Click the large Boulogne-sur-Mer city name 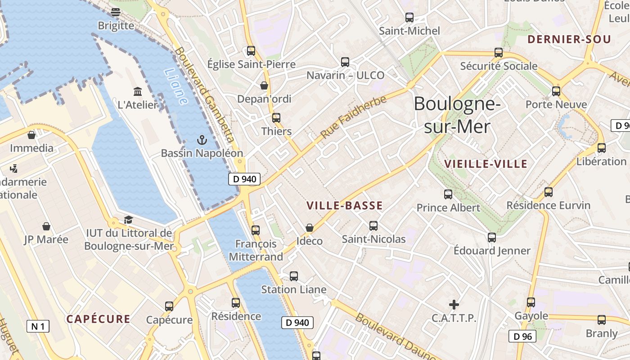tap(457, 115)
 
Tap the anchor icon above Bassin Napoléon tap(202, 140)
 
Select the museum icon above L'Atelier tap(138, 91)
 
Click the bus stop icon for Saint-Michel tap(409, 18)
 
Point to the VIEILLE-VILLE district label tap(485, 164)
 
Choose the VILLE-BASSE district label tap(344, 206)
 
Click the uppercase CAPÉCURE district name tap(98, 319)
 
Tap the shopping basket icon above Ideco tap(309, 228)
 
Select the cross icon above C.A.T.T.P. tap(454, 305)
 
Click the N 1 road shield tap(38, 326)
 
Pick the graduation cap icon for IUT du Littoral tap(128, 220)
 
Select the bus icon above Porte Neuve tap(556, 91)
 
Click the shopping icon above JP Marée tap(46, 226)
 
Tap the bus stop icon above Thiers tap(276, 118)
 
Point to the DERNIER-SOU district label tap(569, 40)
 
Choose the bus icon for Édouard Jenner tap(491, 237)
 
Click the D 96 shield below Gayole tap(522, 336)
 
